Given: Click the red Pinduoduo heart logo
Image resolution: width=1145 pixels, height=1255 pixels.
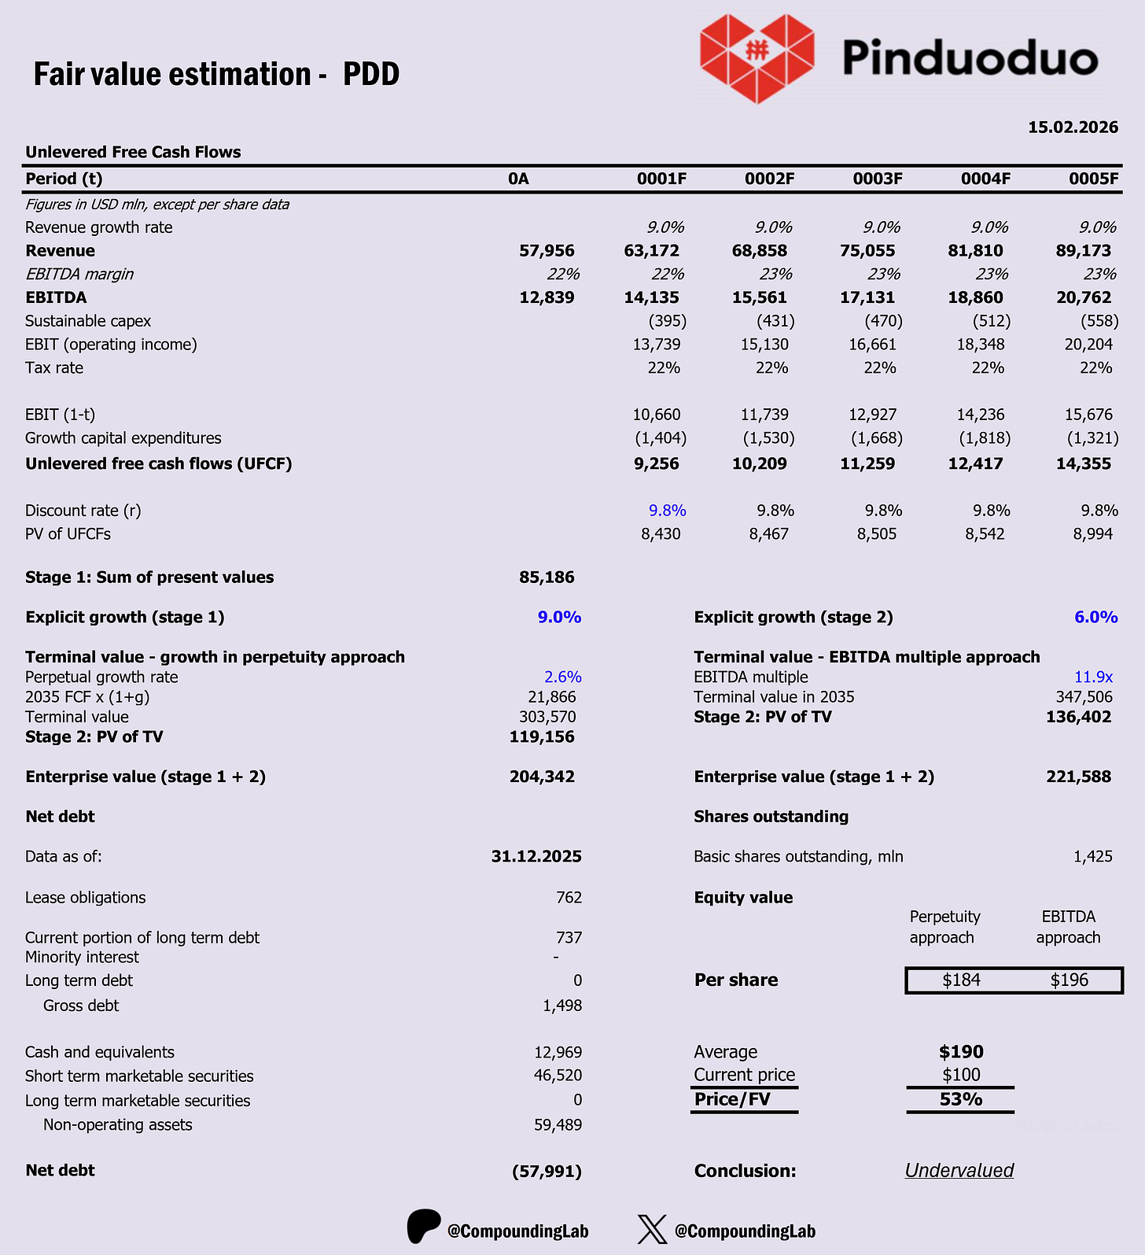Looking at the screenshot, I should click(x=756, y=57).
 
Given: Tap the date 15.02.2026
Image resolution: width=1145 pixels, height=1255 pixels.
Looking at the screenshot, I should click(x=1073, y=127).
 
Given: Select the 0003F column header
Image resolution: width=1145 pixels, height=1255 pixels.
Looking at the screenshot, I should click(x=878, y=179).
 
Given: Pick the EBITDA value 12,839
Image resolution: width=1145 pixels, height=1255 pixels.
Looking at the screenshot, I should click(x=547, y=297).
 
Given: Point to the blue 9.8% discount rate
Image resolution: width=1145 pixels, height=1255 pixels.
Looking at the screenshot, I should click(x=667, y=511).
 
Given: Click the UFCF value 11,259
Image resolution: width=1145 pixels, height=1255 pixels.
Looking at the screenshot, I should click(x=867, y=463).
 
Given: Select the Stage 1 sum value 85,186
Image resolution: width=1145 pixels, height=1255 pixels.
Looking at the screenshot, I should click(x=547, y=578).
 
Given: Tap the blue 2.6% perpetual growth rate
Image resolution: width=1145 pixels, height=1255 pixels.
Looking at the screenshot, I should click(x=562, y=677).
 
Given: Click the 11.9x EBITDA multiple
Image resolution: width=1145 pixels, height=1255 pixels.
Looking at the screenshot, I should click(x=1093, y=677).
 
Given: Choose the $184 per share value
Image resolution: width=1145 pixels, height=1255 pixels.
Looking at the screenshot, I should click(x=961, y=980).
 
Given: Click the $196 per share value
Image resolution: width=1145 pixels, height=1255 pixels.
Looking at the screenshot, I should click(x=1070, y=980).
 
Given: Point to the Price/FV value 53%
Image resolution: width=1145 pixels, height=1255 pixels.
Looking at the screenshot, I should click(x=961, y=1099).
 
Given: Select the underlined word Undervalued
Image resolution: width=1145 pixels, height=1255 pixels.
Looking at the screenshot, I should click(x=959, y=1171).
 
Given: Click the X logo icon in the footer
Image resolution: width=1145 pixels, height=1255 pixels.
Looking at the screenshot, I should click(x=652, y=1229).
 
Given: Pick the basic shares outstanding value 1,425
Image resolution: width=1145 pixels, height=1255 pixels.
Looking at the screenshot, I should click(x=1093, y=857).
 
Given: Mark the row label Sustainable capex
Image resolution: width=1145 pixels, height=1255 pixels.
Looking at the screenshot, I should click(x=88, y=321).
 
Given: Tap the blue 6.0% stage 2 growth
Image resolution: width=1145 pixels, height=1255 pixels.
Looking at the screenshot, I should click(x=1095, y=618).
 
